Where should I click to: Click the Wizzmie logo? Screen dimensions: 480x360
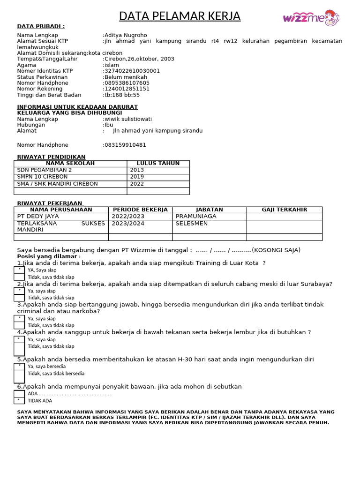point(311,18)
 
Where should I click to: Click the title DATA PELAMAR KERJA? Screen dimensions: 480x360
point(180,16)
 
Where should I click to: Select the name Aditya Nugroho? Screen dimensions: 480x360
point(125,35)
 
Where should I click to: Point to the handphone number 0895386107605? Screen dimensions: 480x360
point(127,83)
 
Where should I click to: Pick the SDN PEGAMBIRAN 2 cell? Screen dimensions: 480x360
point(70,170)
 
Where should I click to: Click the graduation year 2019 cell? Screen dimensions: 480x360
point(158,177)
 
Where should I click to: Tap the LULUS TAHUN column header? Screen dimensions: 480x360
point(158,164)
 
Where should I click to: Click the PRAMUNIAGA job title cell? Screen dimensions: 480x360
point(210,217)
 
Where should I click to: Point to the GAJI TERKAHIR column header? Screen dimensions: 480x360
point(284,210)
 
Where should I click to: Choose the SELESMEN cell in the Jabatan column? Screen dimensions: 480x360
point(210,224)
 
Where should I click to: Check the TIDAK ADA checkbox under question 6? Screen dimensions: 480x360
point(19,400)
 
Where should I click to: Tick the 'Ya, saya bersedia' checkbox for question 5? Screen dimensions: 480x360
point(19,366)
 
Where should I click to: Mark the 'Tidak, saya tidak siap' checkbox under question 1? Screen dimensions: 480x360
point(19,277)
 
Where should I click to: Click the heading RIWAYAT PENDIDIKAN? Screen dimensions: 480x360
point(51,157)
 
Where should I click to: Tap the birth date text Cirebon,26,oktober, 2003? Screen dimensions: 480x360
point(139,59)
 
